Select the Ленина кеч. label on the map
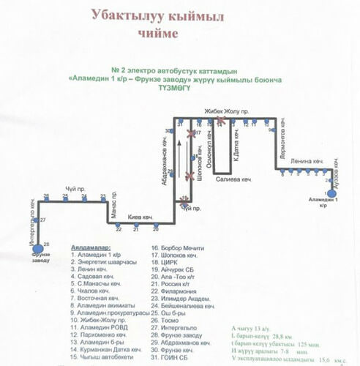point(305,161)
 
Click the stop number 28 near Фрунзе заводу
point(46,243)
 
